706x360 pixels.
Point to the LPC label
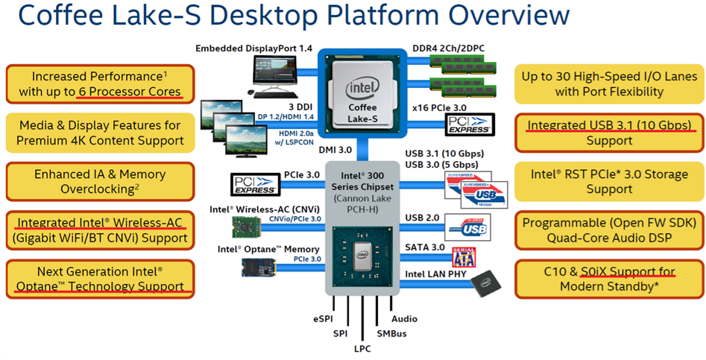(363, 348)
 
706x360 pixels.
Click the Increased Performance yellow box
(100, 84)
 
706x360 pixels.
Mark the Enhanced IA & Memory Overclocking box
(100, 182)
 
